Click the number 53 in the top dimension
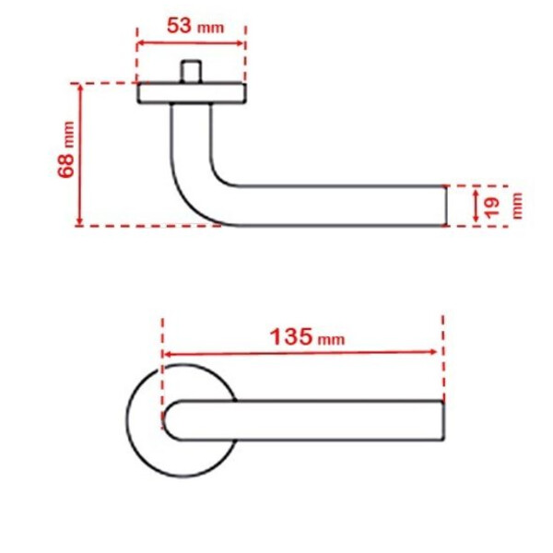click(x=180, y=26)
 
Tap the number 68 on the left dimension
click(x=66, y=165)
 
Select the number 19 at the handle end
click(x=492, y=207)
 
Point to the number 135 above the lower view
click(x=291, y=336)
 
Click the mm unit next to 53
click(x=210, y=28)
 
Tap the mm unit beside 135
click(x=331, y=339)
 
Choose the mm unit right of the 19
click(x=516, y=206)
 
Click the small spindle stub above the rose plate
click(x=191, y=72)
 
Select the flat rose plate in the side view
click(x=192, y=93)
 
